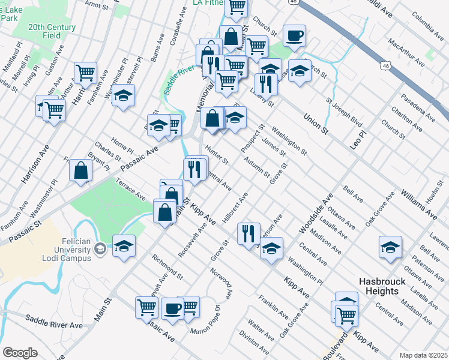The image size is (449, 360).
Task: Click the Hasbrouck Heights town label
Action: click(387, 286)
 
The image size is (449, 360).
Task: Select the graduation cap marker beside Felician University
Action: click(124, 247)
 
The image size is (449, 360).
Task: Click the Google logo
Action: click(19, 353)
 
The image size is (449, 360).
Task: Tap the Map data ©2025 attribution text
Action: click(423, 355)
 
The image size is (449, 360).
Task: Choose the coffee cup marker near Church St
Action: click(294, 35)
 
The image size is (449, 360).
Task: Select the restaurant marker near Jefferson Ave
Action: click(248, 233)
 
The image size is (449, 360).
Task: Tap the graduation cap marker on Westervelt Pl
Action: click(123, 95)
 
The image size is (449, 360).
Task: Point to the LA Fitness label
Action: click(208, 3)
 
